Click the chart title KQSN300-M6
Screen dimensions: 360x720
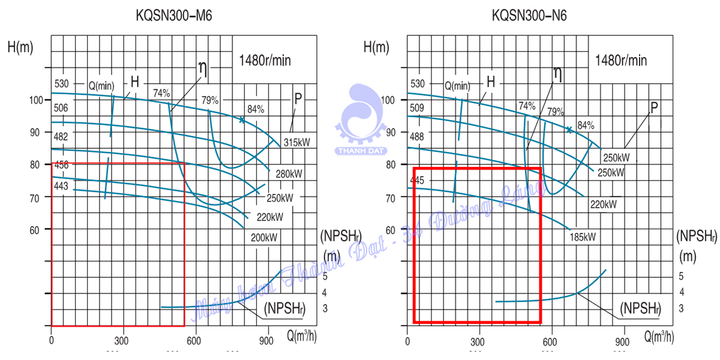(174, 16)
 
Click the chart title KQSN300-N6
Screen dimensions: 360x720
(529, 16)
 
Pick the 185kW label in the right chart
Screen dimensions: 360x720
(582, 236)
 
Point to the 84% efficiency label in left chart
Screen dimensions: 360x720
(256, 109)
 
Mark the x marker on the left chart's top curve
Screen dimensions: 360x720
(242, 120)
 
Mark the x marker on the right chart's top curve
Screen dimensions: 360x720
(569, 130)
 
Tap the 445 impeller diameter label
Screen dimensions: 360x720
(418, 180)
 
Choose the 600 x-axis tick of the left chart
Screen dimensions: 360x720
(193, 339)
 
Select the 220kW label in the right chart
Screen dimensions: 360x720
(604, 204)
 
